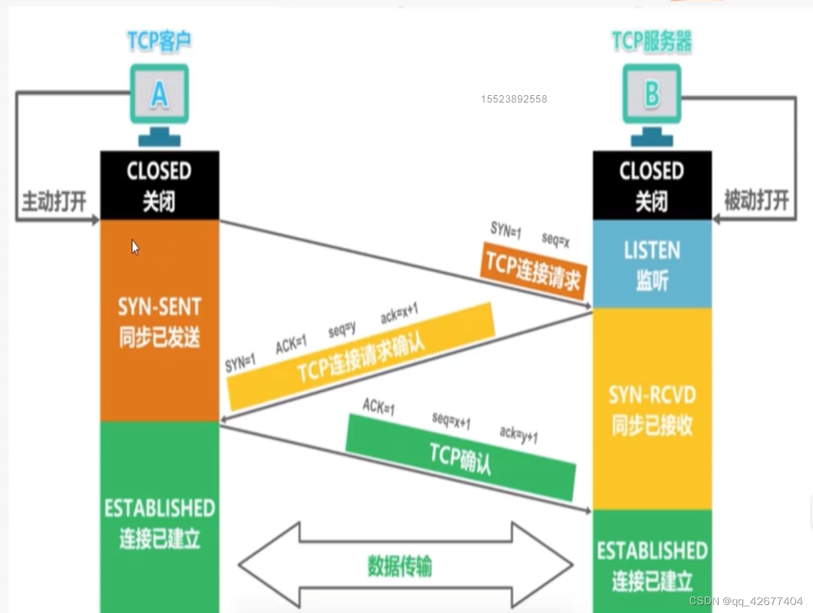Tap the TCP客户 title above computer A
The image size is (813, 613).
click(159, 41)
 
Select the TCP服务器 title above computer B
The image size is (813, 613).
click(651, 41)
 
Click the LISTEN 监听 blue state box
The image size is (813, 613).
click(652, 264)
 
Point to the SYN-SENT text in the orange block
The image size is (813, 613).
click(160, 306)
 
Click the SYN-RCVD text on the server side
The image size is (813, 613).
click(652, 395)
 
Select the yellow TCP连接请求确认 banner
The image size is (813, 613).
click(361, 357)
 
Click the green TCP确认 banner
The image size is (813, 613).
click(461, 457)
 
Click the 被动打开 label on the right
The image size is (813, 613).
click(756, 200)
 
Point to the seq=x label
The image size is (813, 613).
click(555, 240)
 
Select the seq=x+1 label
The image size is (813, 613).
click(451, 420)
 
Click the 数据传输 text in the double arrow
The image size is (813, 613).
click(400, 566)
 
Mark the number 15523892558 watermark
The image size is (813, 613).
click(514, 99)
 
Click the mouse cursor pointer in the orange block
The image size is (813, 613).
click(135, 248)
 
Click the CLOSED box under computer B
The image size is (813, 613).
click(652, 185)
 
